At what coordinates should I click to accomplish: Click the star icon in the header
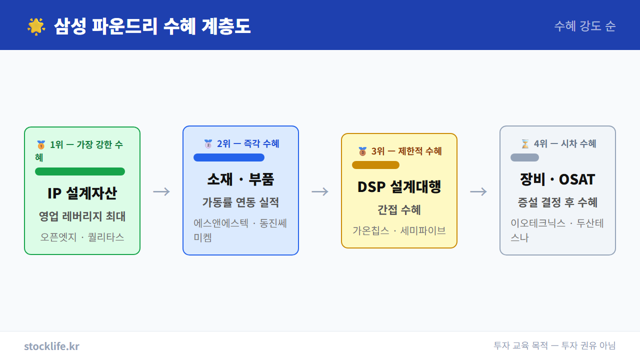pyautogui.click(x=36, y=26)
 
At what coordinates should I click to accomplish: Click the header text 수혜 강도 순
pyautogui.click(x=584, y=26)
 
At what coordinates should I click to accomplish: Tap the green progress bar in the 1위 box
pyautogui.click(x=80, y=171)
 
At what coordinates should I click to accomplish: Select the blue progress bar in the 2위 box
pyautogui.click(x=229, y=157)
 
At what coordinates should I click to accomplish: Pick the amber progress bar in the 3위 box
pyautogui.click(x=375, y=165)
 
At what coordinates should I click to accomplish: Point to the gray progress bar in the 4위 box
pyautogui.click(x=524, y=157)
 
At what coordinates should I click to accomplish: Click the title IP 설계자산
pyautogui.click(x=82, y=193)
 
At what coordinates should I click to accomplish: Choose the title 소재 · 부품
pyautogui.click(x=240, y=179)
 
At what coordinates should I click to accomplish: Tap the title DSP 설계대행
pyautogui.click(x=399, y=187)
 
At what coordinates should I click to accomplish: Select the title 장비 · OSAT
pyautogui.click(x=557, y=179)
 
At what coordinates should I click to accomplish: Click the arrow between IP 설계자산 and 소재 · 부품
pyautogui.click(x=161, y=191)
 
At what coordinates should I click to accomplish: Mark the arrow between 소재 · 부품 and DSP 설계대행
pyautogui.click(x=320, y=191)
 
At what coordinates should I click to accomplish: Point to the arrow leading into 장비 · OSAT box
pyautogui.click(x=478, y=191)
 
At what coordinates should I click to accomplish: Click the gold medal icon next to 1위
pyautogui.click(x=41, y=145)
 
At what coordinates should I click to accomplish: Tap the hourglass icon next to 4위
pyautogui.click(x=525, y=144)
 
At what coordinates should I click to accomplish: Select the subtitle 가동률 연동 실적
pyautogui.click(x=240, y=202)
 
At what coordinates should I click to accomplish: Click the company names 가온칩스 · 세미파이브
pyautogui.click(x=399, y=230)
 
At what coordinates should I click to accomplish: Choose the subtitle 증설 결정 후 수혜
pyautogui.click(x=557, y=202)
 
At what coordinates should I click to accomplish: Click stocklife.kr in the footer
pyautogui.click(x=51, y=346)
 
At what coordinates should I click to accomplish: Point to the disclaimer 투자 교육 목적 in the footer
pyautogui.click(x=520, y=345)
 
